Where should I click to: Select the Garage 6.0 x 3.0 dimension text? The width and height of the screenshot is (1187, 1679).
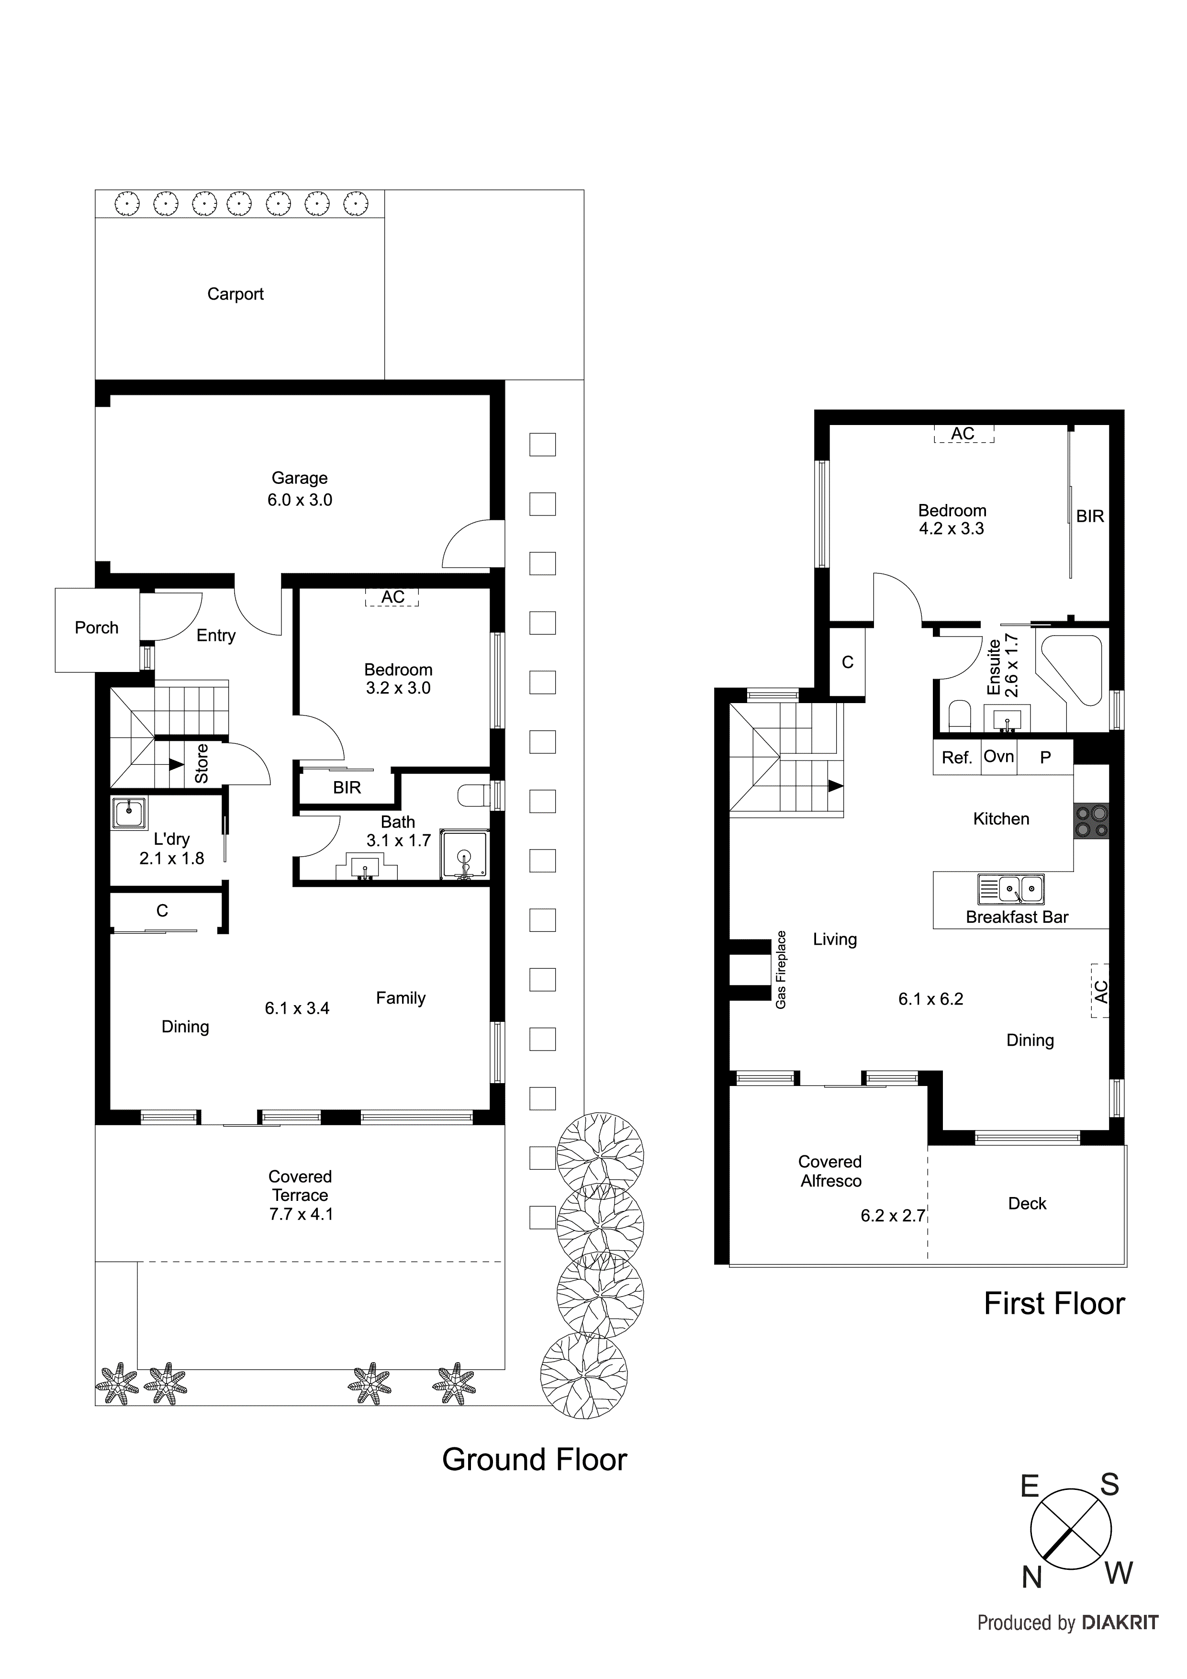pyautogui.click(x=299, y=500)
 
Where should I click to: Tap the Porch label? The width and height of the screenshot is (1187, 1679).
pyautogui.click(x=97, y=627)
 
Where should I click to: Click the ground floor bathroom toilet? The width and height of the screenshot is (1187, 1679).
pyautogui.click(x=472, y=795)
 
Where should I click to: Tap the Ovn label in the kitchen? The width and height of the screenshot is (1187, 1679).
pyautogui.click(x=998, y=756)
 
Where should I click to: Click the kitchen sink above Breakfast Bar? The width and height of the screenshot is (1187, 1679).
pyautogui.click(x=1011, y=889)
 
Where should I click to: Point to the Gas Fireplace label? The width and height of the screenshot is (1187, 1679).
pyautogui.click(x=781, y=970)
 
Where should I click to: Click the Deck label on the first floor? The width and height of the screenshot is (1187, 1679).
pyautogui.click(x=1027, y=1204)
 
